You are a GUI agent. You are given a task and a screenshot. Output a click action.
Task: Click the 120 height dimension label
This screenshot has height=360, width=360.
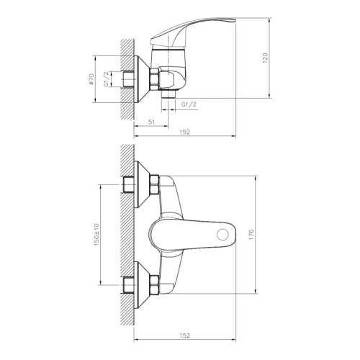tap(265, 58)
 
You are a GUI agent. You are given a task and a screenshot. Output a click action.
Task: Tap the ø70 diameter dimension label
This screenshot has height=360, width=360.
tap(91, 79)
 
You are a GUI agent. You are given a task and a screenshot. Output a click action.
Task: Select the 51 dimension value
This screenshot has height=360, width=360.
tap(151, 122)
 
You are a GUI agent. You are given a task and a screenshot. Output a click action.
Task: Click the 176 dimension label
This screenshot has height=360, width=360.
tap(251, 235)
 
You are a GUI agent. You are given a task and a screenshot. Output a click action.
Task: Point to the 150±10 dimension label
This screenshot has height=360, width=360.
tap(96, 235)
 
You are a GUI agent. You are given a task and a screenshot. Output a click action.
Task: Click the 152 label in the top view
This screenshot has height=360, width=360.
tap(185, 132)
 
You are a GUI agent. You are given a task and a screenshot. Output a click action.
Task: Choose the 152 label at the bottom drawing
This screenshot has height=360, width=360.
tap(185, 336)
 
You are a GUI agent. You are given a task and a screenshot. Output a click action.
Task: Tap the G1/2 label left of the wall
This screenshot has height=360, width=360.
tap(107, 79)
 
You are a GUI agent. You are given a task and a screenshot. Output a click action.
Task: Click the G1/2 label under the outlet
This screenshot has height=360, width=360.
tap(189, 104)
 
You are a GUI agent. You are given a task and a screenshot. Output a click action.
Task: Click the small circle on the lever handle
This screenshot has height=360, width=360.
tap(222, 235)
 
